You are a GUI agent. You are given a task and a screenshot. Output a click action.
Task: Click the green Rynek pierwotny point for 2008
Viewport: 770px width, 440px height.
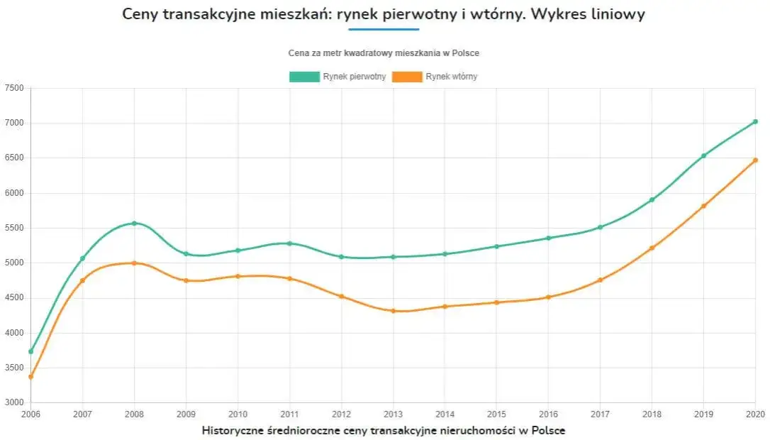[x=134, y=224]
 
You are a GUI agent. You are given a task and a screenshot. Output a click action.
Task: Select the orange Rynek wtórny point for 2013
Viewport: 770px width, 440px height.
[x=393, y=311]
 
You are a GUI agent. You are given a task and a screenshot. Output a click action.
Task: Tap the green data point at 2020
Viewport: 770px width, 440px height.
[x=755, y=121]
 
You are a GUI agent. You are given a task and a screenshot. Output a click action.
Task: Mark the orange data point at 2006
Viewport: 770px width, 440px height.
[x=30, y=377]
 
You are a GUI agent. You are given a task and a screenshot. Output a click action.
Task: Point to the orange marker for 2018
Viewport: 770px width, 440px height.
[x=652, y=248]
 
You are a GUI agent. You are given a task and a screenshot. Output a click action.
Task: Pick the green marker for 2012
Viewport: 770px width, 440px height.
[x=341, y=257]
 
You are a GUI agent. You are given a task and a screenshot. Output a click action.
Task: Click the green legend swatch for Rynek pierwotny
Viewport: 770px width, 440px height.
[x=304, y=77]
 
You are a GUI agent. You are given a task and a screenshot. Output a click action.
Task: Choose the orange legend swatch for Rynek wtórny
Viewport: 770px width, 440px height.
[x=407, y=77]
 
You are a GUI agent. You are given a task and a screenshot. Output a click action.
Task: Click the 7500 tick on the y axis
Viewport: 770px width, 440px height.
[x=14, y=88]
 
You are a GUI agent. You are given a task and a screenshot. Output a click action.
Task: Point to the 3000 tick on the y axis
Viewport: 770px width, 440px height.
[x=14, y=402]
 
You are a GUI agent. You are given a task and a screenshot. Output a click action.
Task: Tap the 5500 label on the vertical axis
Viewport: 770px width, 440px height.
[x=14, y=228]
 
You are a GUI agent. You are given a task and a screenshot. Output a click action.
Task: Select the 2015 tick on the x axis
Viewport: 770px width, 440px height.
[x=496, y=413]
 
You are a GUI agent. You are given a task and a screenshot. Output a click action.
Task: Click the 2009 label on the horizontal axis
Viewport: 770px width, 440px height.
[x=186, y=413]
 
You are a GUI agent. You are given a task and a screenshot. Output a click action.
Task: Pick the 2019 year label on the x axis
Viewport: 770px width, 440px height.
[x=703, y=413]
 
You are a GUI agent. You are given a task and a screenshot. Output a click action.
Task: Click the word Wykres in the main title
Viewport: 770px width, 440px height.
[x=572, y=14]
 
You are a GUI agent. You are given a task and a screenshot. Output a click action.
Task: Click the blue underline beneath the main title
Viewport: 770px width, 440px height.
[x=384, y=29]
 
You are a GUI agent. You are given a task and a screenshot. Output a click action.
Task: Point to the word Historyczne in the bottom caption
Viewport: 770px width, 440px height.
[x=234, y=430]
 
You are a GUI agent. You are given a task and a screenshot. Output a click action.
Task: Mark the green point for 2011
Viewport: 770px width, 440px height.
[x=289, y=243]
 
